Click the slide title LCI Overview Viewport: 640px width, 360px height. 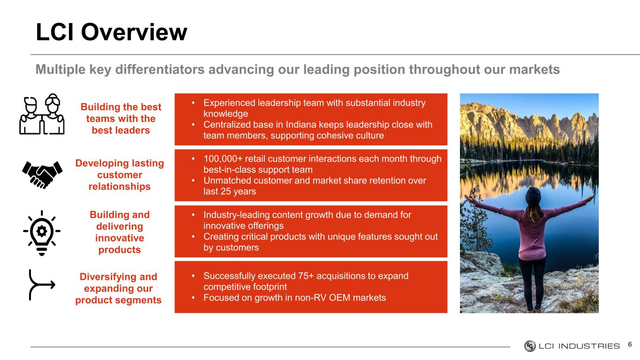pyautogui.click(x=112, y=32)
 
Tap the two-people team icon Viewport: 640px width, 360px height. pyautogui.click(x=42, y=114)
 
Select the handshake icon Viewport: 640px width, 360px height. pyautogui.click(x=42, y=174)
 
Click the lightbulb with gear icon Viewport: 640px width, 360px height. pyautogui.click(x=42, y=233)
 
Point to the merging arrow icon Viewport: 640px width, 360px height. pyautogui.click(x=42, y=285)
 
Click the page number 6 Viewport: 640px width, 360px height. pyautogui.click(x=630, y=345)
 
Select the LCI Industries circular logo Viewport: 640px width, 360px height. pyautogui.click(x=530, y=346)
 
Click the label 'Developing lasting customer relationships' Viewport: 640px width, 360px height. pyautogui.click(x=120, y=175)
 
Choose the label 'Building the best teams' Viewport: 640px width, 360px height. pyautogui.click(x=121, y=112)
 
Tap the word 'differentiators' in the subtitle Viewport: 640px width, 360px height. pyautogui.click(x=160, y=69)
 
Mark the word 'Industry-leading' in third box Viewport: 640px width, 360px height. pyautogui.click(x=238, y=215)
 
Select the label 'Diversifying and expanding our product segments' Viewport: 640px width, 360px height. pyautogui.click(x=118, y=288)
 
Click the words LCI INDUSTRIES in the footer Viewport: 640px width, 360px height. pyautogui.click(x=579, y=346)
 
